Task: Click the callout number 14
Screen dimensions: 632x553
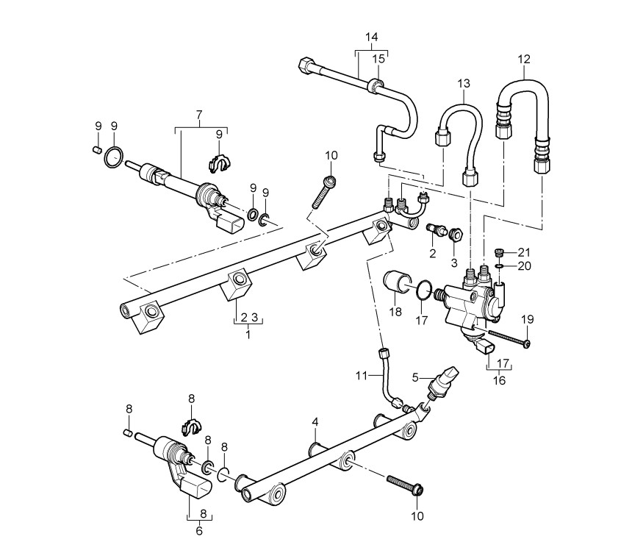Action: coord(372,37)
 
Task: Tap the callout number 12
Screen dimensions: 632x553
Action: coord(524,59)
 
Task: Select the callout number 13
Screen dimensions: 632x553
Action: coord(464,84)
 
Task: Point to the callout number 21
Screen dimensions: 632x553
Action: coord(524,252)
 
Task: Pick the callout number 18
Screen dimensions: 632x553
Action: coord(396,312)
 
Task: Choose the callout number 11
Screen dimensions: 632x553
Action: coord(361,376)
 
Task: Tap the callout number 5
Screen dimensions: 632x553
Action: coord(415,377)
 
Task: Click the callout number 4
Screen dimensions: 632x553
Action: coord(315,422)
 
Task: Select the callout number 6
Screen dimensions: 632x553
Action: coord(199,531)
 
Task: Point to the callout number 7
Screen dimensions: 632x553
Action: coord(199,115)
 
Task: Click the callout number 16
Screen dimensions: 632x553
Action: coord(499,380)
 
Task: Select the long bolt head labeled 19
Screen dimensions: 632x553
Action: coord(526,344)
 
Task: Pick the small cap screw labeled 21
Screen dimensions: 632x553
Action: coord(499,253)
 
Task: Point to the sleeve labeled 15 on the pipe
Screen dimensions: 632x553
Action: coord(376,85)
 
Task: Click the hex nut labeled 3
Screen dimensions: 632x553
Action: coord(456,234)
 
